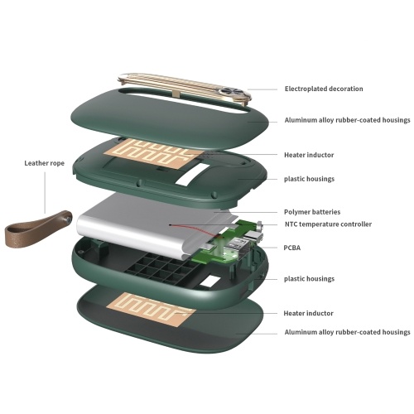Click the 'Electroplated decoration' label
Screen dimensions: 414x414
coord(324,89)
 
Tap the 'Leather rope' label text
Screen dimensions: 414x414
coord(45,163)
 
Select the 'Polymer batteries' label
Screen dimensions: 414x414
coord(312,212)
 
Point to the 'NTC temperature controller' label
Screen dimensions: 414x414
coord(328,224)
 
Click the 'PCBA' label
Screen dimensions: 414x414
coord(292,248)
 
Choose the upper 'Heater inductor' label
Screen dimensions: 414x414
coord(309,155)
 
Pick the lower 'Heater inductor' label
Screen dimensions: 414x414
coord(309,313)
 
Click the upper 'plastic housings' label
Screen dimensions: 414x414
coord(309,179)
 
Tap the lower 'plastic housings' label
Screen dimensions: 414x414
coord(309,279)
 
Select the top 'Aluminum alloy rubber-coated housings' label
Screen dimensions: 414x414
coord(348,120)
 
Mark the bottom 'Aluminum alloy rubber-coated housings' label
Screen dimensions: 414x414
coord(348,332)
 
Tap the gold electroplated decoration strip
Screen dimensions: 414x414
coord(185,85)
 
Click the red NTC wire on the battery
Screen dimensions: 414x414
coord(196,230)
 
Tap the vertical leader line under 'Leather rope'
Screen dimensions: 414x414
coord(45,193)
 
